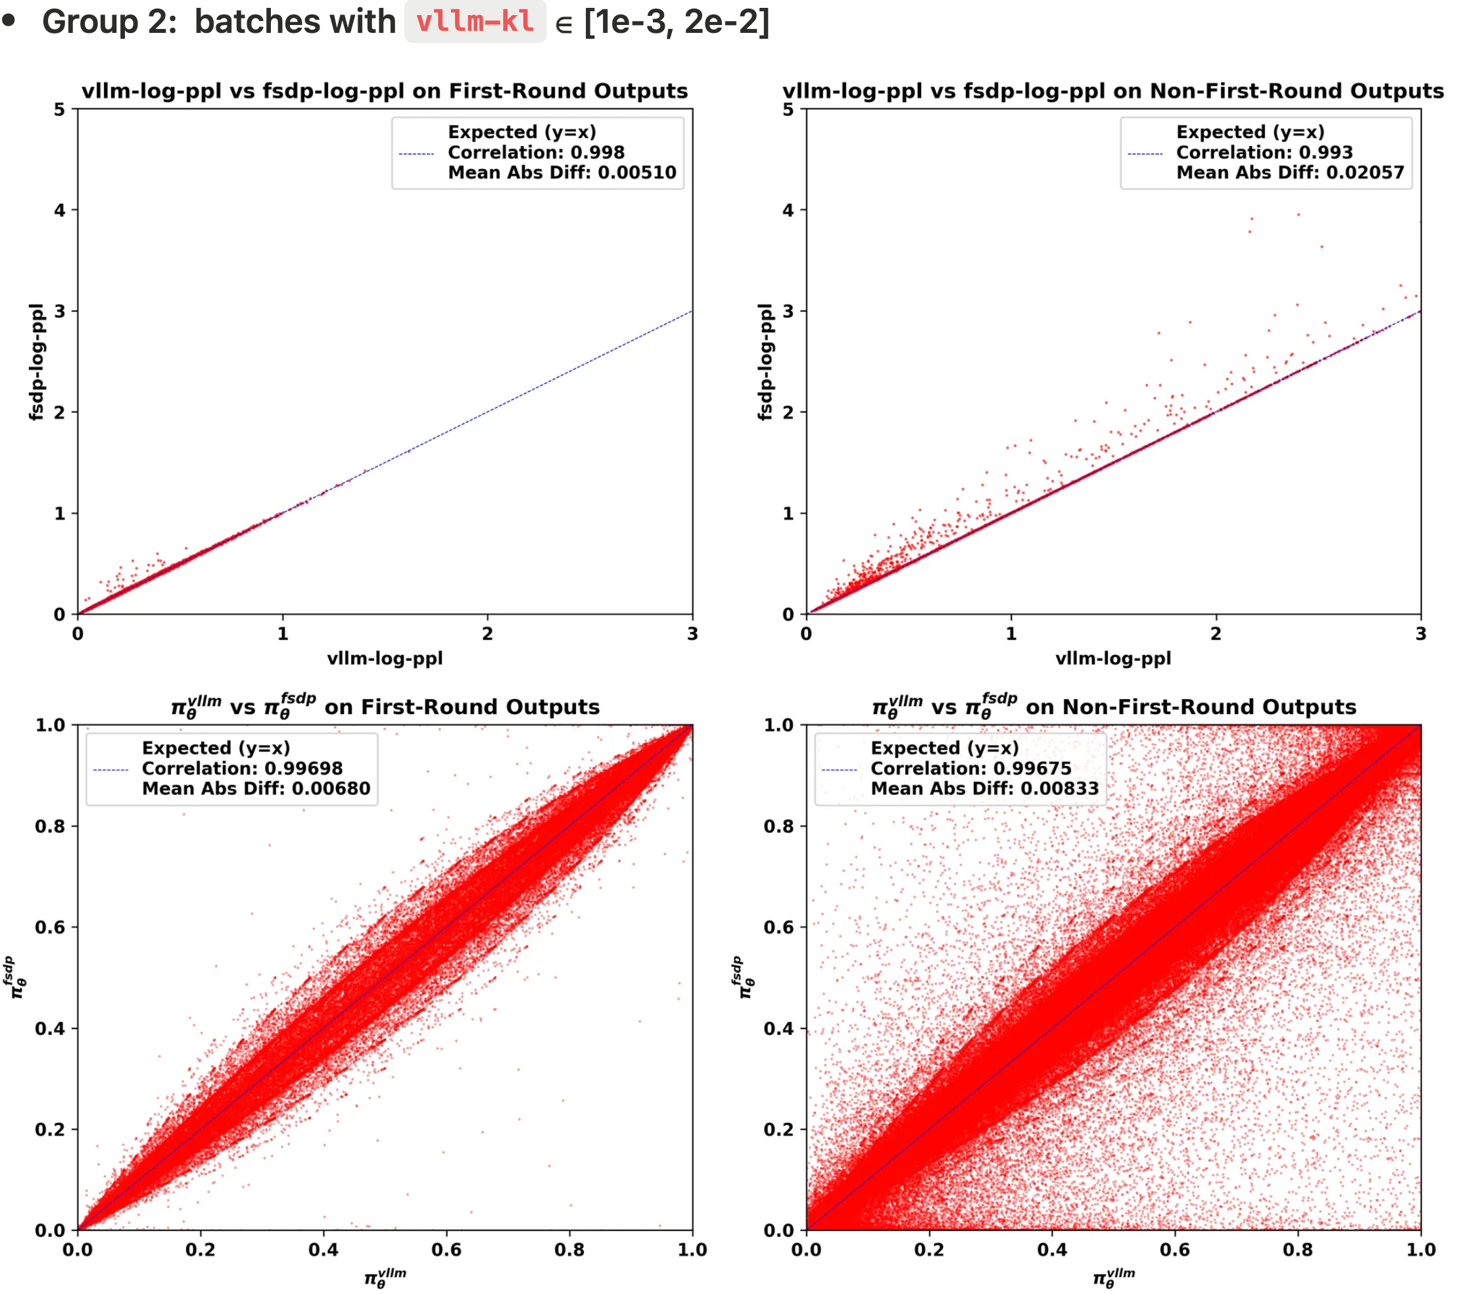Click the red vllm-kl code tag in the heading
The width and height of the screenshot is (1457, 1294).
tap(475, 22)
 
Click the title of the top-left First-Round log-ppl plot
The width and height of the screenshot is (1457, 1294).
tap(384, 91)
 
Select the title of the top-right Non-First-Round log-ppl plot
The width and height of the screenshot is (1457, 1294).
tap(1112, 91)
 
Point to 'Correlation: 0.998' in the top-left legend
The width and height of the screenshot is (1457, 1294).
tap(535, 152)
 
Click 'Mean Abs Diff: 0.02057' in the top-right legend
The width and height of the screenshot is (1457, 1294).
tap(1289, 172)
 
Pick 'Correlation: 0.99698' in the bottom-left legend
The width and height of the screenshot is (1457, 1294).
tap(242, 768)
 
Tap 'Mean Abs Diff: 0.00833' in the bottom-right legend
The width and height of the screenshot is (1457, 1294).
tap(984, 788)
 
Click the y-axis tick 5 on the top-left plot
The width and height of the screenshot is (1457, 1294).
tap(59, 110)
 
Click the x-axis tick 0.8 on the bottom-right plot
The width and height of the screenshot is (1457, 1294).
tap(1297, 1249)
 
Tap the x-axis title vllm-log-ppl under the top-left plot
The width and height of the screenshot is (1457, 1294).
tap(384, 658)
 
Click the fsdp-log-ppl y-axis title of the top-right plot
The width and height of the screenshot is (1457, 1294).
tap(765, 362)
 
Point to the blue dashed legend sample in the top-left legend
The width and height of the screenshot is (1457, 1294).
tap(416, 153)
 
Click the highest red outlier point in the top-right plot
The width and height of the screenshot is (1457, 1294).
tap(1298, 214)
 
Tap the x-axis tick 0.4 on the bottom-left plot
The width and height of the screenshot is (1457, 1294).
tap(323, 1249)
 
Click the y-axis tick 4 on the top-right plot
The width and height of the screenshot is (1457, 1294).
tap(788, 210)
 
